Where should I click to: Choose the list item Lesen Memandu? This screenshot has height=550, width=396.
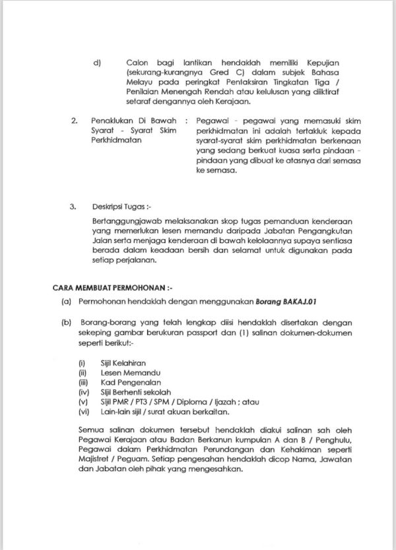[x=121, y=372]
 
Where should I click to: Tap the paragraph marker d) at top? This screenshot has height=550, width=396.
[x=96, y=63]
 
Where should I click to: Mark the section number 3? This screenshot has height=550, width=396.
[x=73, y=206]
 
